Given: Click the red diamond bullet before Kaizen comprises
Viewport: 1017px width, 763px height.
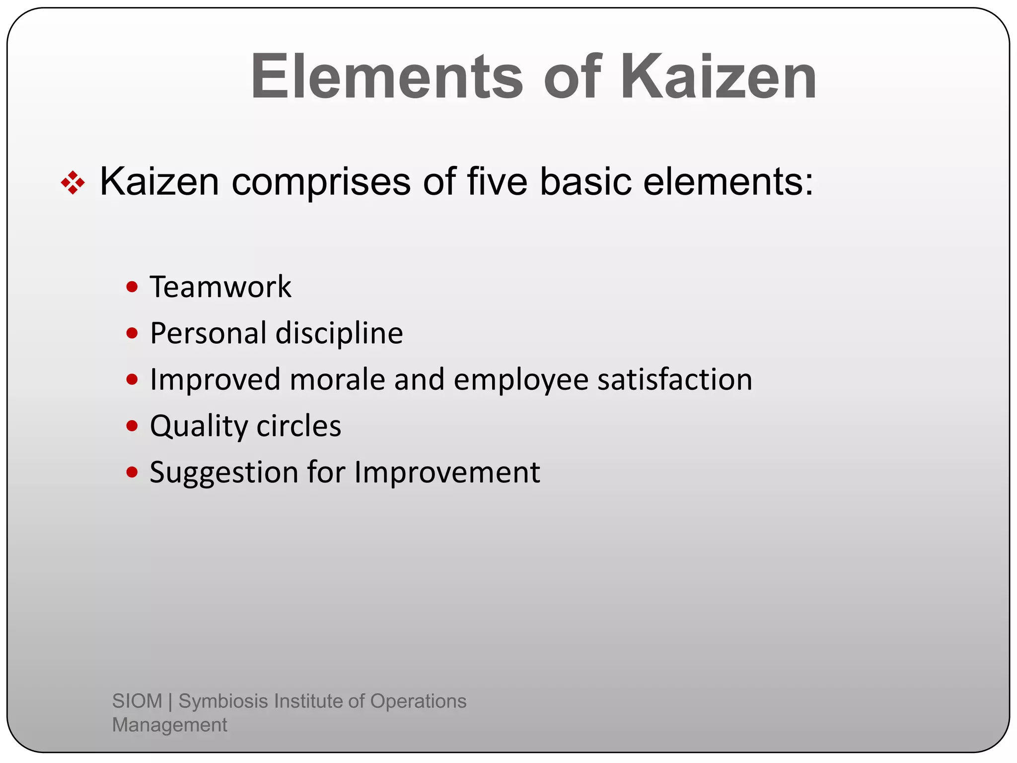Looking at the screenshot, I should point(73,183).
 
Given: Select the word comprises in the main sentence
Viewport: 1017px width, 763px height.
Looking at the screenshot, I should point(321,182).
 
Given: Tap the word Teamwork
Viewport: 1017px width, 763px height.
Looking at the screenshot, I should point(220,287).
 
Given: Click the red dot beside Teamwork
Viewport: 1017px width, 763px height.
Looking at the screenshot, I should point(132,287).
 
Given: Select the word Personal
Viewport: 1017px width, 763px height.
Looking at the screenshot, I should point(209,333).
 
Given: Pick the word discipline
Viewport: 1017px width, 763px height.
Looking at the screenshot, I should point(339,333).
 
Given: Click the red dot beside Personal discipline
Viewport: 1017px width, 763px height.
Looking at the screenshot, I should point(132,333).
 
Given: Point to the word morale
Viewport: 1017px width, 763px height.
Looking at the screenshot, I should point(337,380).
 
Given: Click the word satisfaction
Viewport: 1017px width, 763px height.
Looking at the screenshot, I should point(675,380).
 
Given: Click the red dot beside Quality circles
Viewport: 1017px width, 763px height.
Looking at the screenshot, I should point(132,426).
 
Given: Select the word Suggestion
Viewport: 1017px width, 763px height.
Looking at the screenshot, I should point(223,473).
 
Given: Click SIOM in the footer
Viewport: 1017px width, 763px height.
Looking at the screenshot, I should point(137,701).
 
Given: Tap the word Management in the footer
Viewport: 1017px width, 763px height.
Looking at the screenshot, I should point(169,725).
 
